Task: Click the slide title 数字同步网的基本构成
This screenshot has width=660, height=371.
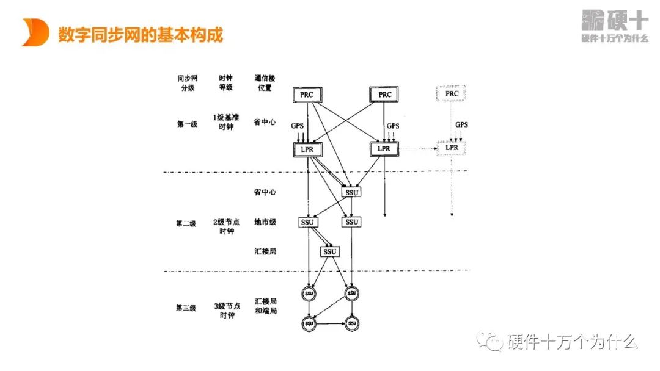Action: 141,35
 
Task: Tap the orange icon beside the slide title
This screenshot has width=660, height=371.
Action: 35,32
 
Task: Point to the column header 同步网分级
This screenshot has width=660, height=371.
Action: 187,83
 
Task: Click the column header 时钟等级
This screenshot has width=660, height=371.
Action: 226,83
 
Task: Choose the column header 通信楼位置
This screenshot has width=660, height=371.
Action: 265,83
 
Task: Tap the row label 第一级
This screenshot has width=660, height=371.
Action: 187,124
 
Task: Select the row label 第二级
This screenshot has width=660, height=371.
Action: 186,223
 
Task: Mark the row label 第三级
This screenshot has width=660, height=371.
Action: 186,308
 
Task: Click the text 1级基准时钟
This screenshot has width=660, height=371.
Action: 226,122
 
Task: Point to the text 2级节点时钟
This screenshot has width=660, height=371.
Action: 226,226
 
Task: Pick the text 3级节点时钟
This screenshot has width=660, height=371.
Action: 226,310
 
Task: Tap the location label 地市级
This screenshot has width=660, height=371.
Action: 265,222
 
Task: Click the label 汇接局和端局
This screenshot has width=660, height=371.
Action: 265,306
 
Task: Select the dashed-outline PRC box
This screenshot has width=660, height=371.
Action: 452,94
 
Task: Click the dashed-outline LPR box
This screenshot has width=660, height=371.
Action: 452,148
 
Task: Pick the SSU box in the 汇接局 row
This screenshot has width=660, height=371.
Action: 330,252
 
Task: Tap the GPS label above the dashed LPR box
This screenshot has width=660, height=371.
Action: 461,125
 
